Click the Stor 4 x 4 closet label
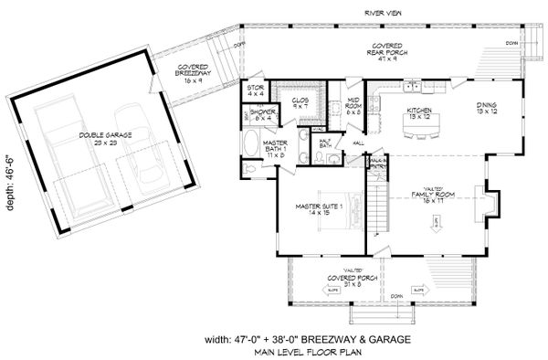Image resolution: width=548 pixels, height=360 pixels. coord(256,91)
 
